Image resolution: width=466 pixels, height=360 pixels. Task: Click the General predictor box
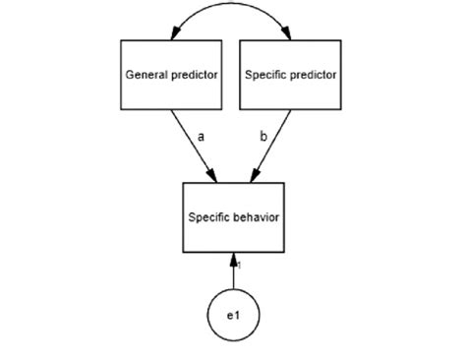[x=171, y=75]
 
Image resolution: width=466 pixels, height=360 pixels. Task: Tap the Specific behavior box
[x=233, y=214]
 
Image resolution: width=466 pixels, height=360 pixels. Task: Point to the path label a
[x=201, y=139]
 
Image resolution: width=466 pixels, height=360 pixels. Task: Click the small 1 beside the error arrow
[x=240, y=264]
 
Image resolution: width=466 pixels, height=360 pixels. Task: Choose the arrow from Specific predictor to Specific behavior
[x=266, y=148]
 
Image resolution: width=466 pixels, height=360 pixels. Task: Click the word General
[x=146, y=75]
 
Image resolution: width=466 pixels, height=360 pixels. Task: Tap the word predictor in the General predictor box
[x=193, y=75]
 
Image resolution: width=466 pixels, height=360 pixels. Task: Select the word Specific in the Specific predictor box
[x=266, y=75]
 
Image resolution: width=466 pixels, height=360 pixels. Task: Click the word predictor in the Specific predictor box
[x=314, y=75]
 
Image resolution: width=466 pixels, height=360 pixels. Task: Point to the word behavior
[x=257, y=214]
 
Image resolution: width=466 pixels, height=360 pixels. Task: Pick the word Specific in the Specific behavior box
[x=209, y=214]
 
